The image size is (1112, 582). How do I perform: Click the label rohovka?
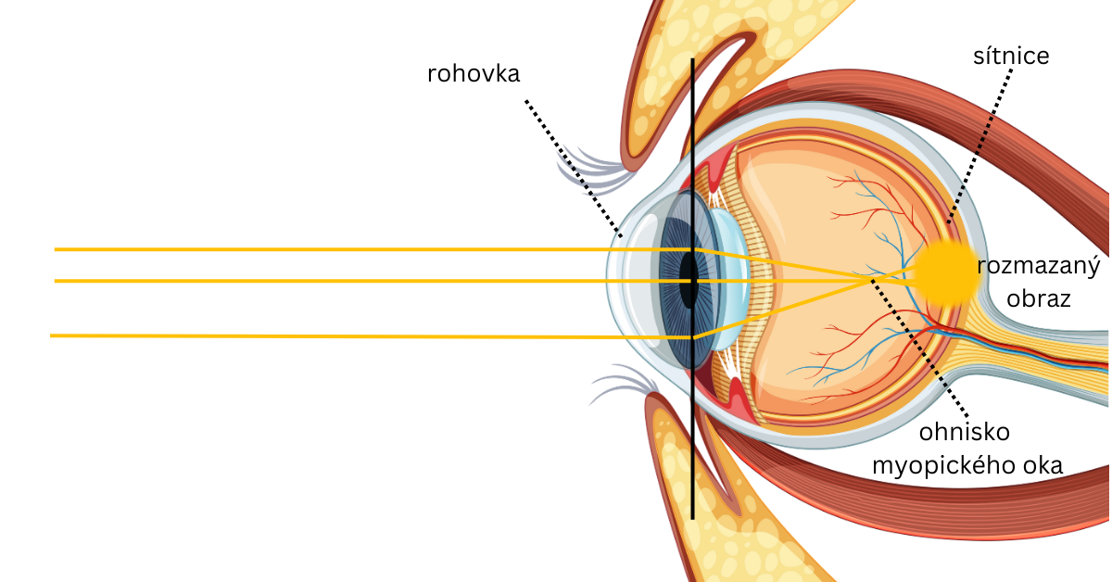(x=474, y=73)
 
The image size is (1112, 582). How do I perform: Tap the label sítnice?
(x=1011, y=56)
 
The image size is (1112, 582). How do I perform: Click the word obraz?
(x=1039, y=299)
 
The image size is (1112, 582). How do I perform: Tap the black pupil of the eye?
(x=688, y=278)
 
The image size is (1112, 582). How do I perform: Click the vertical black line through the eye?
(x=692, y=463)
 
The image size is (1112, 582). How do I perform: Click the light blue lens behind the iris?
(x=732, y=278)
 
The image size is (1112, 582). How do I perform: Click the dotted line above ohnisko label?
(x=927, y=352)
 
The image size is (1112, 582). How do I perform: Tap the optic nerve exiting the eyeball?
(x=1047, y=348)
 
